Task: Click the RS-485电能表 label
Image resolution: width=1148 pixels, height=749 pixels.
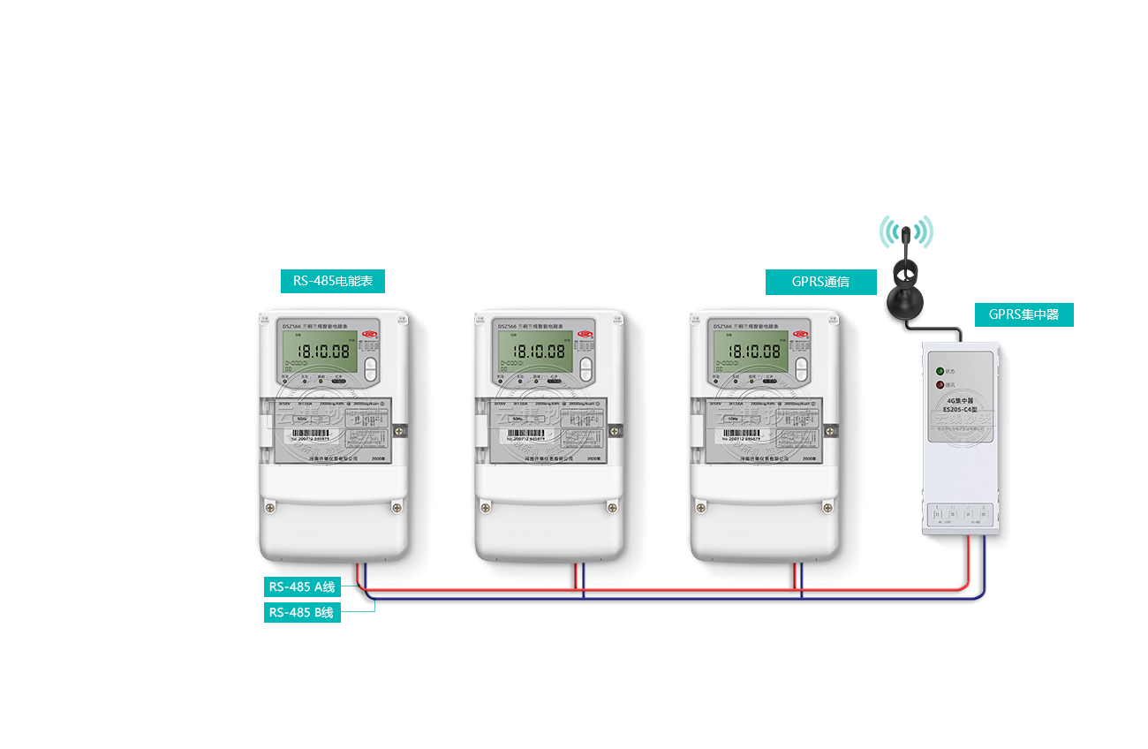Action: (332, 282)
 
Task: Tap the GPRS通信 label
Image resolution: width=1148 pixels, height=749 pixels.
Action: (820, 282)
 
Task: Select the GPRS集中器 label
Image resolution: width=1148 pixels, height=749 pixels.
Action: (1023, 314)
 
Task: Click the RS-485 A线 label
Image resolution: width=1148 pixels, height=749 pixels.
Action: (302, 586)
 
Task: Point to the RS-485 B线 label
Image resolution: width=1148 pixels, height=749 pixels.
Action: (302, 612)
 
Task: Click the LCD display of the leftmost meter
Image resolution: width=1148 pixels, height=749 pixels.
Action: (319, 351)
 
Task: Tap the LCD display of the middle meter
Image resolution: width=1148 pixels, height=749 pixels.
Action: (534, 351)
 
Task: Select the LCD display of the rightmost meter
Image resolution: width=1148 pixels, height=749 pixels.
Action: (750, 351)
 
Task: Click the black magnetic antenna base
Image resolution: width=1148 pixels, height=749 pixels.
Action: (905, 305)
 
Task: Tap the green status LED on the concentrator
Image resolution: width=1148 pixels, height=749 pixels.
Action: (940, 371)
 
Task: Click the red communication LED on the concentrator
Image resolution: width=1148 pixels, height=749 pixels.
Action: (940, 385)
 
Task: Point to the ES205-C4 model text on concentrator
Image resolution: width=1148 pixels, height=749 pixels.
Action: (960, 409)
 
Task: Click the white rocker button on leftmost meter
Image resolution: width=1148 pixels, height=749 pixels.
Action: (370, 367)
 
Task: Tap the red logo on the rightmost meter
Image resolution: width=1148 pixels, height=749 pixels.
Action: (801, 334)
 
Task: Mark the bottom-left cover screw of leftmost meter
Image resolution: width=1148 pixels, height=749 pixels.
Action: (269, 508)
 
